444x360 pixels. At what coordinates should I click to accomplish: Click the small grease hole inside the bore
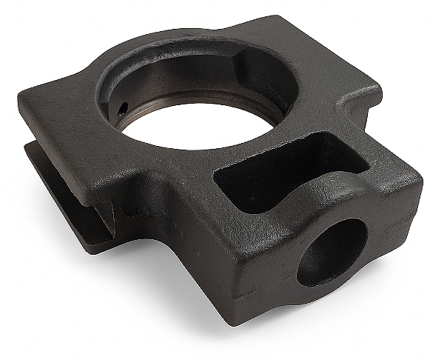121,108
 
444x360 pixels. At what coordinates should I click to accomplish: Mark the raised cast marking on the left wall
135,211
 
